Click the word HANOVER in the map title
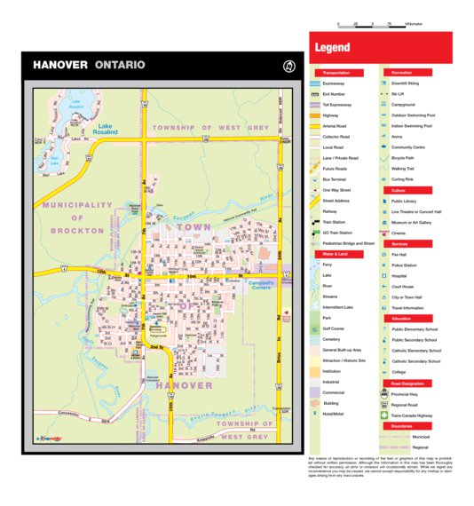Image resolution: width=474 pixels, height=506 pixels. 59,65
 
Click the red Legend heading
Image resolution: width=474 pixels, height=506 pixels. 333,48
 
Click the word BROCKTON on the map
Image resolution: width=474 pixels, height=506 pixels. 78,230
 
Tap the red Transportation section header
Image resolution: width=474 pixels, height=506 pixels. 336,73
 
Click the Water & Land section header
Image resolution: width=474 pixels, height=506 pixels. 335,254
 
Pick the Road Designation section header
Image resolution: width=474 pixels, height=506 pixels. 406,383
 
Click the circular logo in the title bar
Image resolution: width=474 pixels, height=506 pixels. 287,65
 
